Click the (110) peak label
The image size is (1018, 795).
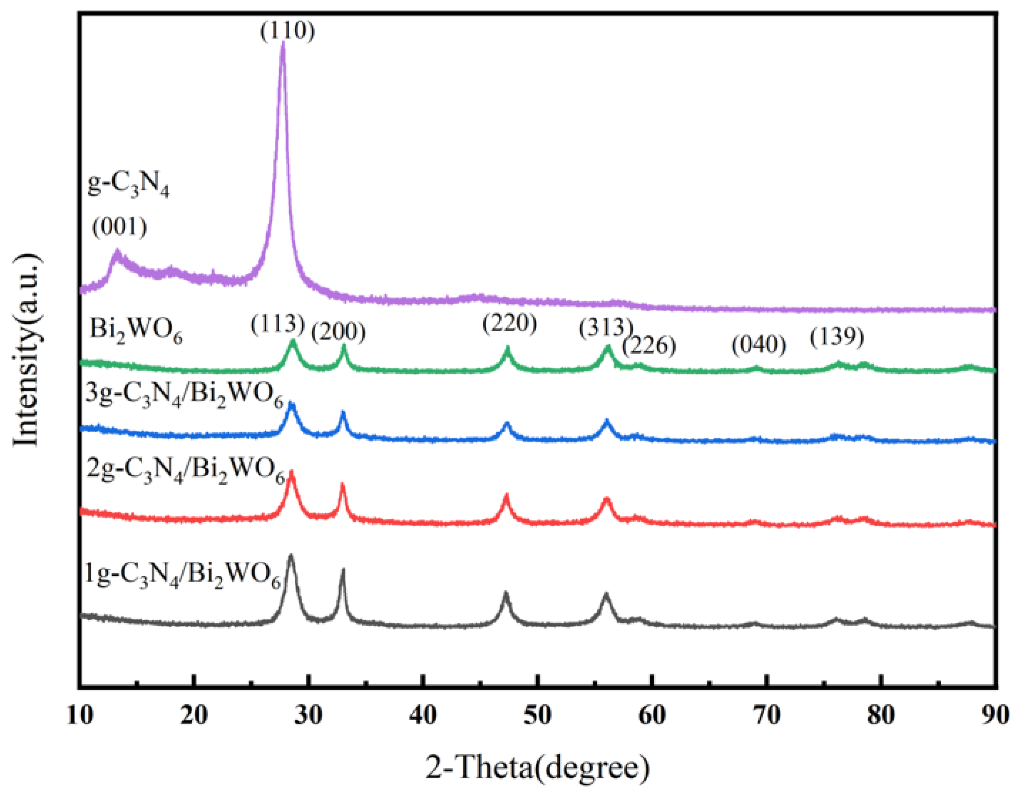(x=287, y=31)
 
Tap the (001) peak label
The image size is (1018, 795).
(x=119, y=227)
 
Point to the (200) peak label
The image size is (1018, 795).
(x=338, y=332)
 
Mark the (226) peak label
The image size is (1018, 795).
(x=649, y=345)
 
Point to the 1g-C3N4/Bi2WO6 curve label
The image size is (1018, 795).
(x=183, y=575)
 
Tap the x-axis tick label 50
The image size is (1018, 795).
(x=537, y=714)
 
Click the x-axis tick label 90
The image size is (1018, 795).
(x=995, y=714)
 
